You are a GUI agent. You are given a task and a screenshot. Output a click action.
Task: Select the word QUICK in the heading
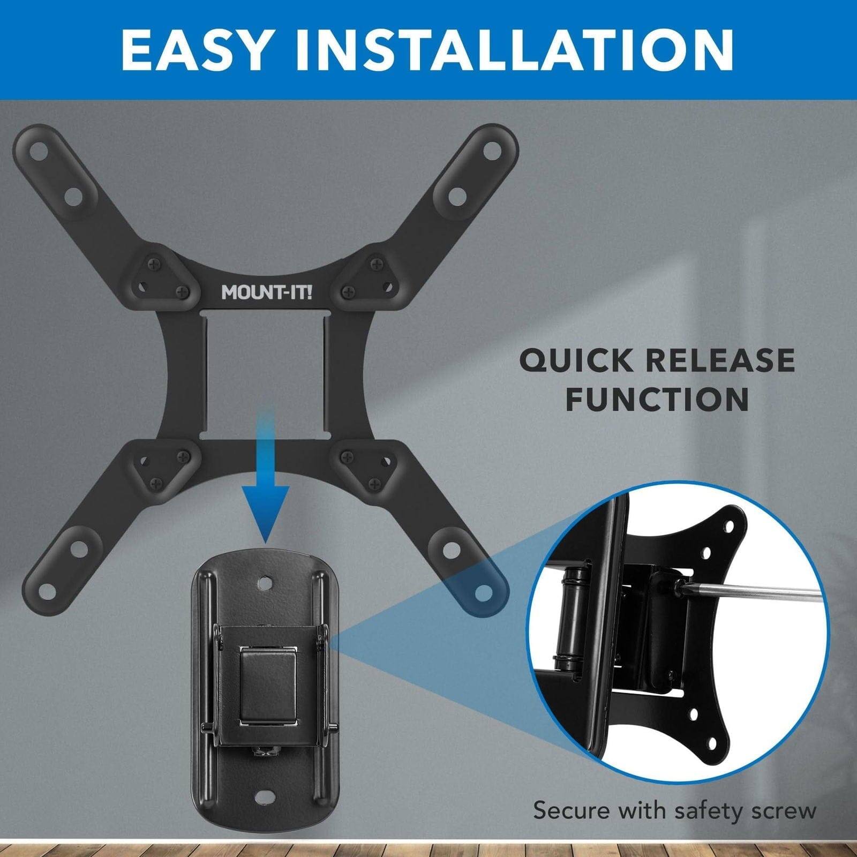[x=578, y=360]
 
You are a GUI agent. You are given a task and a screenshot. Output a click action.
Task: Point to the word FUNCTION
[x=657, y=399]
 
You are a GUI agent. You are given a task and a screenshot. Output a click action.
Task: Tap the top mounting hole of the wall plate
[x=266, y=581]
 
